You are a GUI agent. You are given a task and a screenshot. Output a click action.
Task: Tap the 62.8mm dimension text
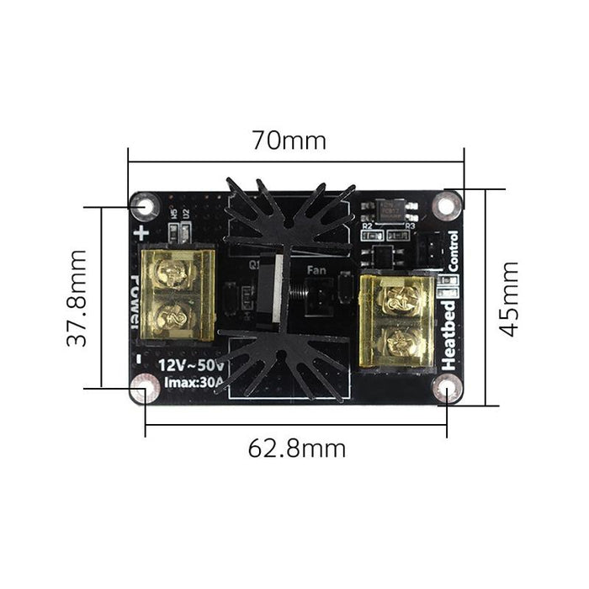click(x=296, y=448)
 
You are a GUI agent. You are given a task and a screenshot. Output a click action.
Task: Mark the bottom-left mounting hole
click(x=146, y=389)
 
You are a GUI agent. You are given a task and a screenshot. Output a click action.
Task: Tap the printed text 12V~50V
click(x=192, y=364)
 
